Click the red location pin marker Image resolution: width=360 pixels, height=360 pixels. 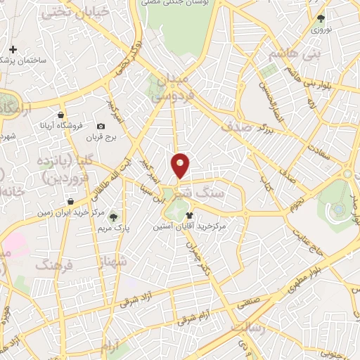pyautogui.click(x=181, y=165)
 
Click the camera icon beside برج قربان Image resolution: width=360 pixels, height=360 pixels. pyautogui.click(x=101, y=127)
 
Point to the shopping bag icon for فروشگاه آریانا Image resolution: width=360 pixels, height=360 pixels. pyautogui.click(x=61, y=115)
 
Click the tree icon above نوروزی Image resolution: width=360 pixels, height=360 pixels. pyautogui.click(x=321, y=19)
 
